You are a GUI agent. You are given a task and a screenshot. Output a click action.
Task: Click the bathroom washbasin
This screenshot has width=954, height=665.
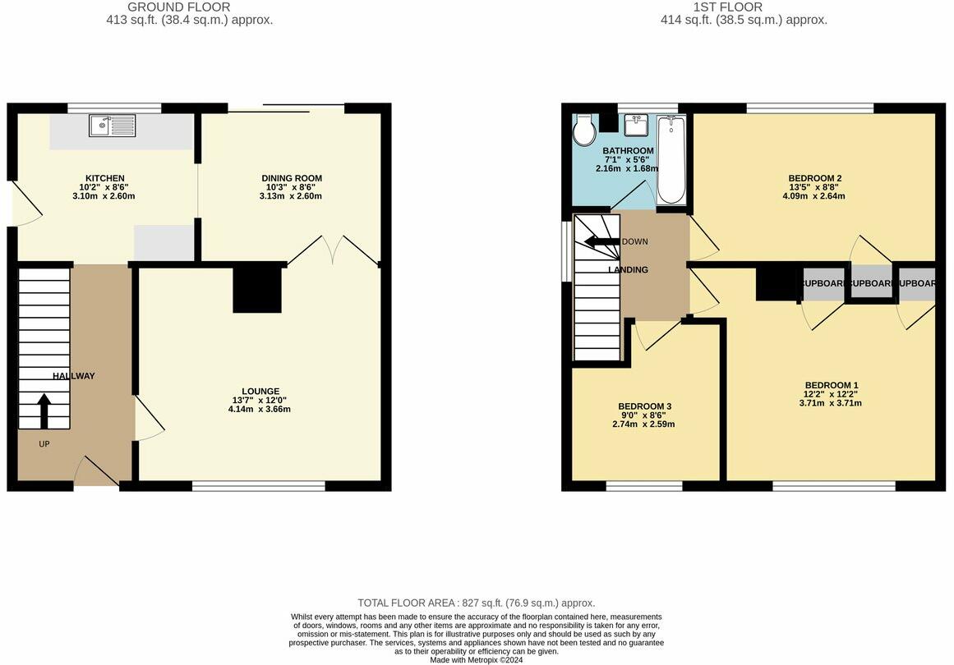tap(635, 126)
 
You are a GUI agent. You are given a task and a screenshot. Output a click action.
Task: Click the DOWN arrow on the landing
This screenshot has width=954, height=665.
tap(602, 241)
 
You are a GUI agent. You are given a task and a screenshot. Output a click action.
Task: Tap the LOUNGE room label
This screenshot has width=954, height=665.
tap(260, 391)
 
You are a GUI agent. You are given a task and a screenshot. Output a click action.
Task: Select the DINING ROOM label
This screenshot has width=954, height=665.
tap(292, 178)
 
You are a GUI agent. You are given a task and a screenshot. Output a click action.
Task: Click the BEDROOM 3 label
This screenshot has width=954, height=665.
tap(644, 406)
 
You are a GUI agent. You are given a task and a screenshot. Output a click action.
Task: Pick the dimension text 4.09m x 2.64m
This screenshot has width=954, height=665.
tap(814, 196)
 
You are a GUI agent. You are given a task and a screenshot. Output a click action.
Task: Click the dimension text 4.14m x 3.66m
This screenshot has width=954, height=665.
tap(260, 409)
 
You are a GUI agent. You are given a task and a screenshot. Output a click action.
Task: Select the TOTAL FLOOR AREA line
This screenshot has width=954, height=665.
tap(476, 603)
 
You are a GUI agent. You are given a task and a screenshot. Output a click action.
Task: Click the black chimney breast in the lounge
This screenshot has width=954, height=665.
tap(257, 287)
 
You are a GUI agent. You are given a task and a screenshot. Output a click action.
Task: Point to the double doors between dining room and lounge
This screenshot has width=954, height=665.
tap(334, 249)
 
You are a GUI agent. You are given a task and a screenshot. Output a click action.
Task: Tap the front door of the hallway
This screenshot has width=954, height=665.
tap(97, 473)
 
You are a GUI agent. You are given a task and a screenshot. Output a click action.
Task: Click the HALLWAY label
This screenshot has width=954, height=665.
tap(74, 376)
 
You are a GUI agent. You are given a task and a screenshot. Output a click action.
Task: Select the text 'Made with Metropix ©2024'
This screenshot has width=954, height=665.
tap(477, 659)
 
